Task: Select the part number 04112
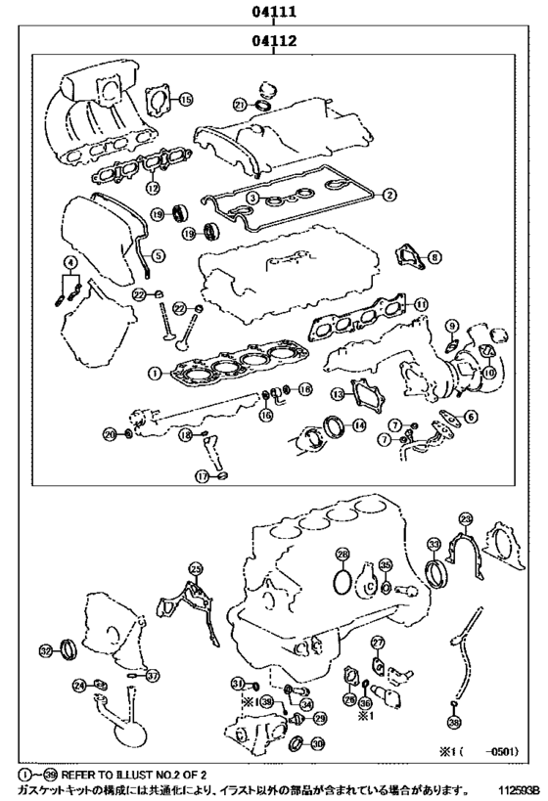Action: click(273, 42)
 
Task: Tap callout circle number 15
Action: click(186, 99)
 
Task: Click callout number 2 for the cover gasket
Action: click(388, 195)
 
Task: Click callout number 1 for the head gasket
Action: click(154, 373)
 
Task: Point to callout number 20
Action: click(112, 433)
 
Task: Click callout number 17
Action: click(203, 477)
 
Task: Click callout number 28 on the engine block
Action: click(341, 555)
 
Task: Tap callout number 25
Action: click(196, 568)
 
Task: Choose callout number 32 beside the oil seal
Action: click(45, 650)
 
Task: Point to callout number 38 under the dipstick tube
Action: click(453, 722)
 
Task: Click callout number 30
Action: click(318, 742)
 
